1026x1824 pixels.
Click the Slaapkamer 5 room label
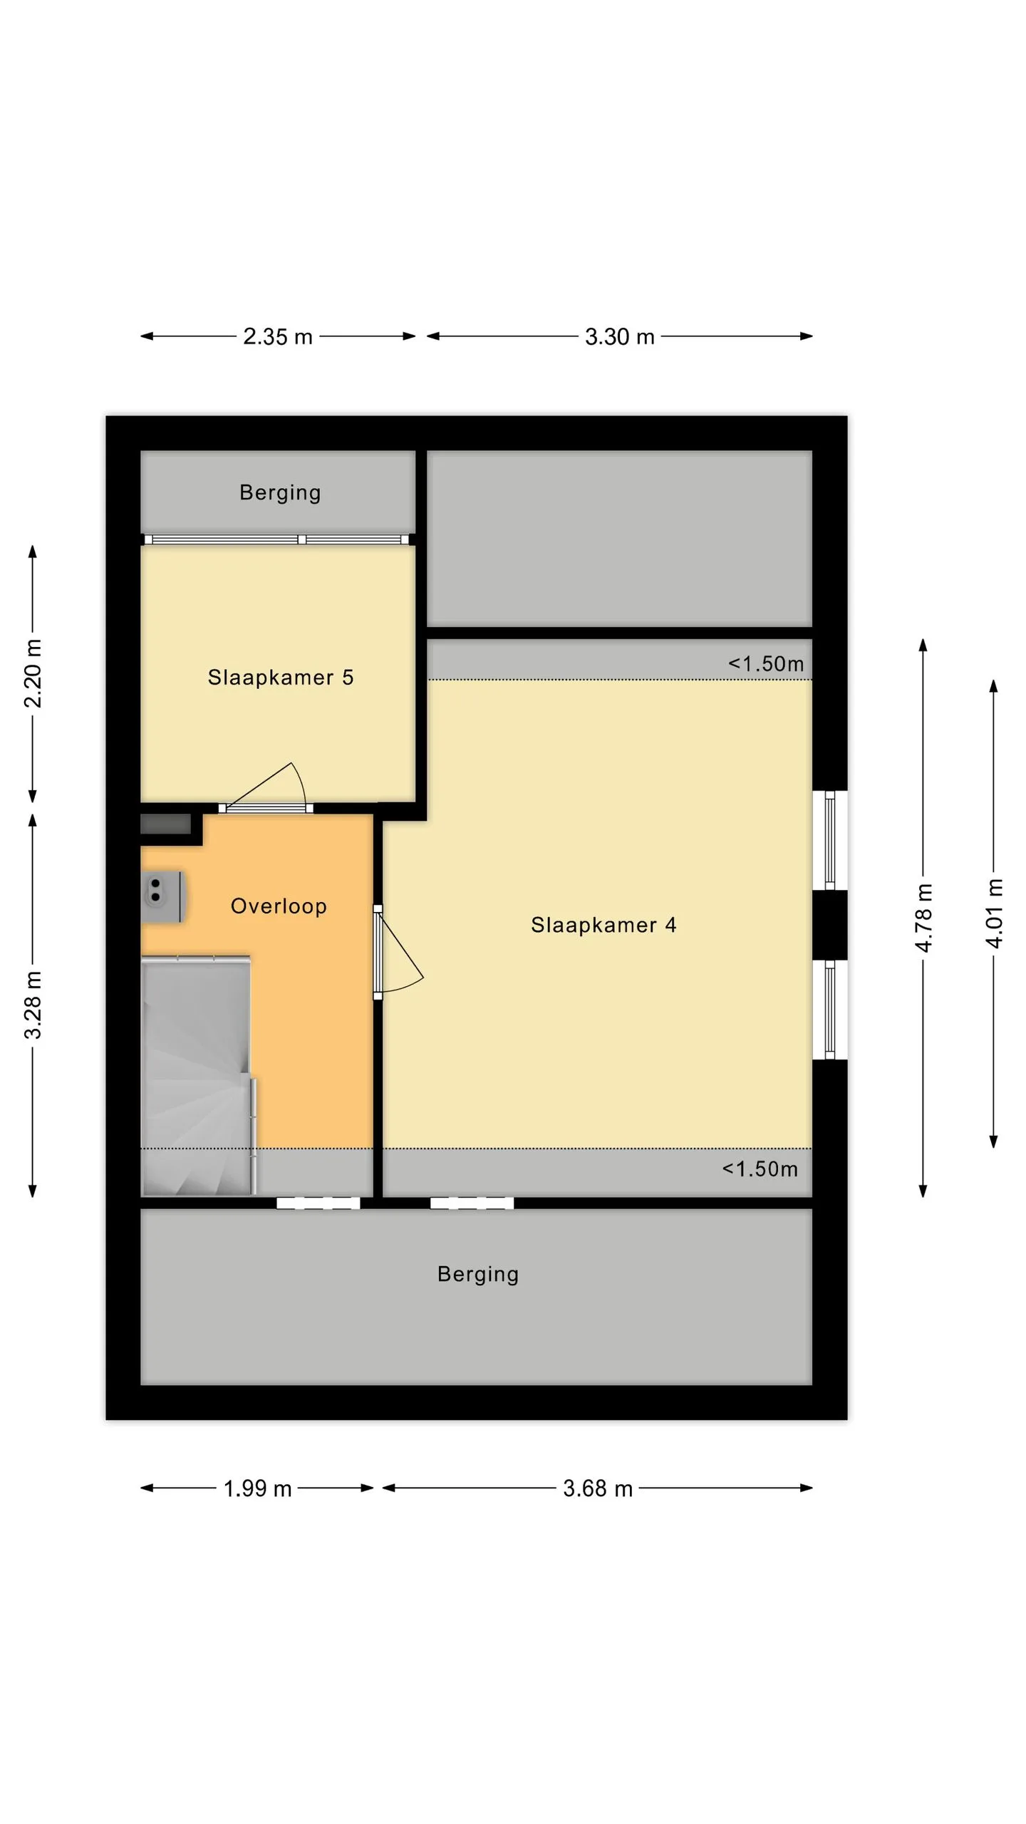point(280,678)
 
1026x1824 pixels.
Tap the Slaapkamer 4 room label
point(603,926)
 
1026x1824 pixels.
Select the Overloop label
point(279,906)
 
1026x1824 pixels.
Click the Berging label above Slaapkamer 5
point(280,493)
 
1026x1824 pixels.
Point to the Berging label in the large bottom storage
point(478,1275)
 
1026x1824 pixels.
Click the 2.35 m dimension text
point(278,336)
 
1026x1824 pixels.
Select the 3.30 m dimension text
point(620,336)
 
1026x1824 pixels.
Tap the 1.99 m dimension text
point(258,1488)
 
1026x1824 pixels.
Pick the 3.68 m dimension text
point(598,1488)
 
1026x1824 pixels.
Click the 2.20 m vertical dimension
point(33,673)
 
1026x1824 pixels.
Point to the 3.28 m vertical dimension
point(33,1005)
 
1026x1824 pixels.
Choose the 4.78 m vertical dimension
point(923,918)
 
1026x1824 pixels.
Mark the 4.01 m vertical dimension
point(994,913)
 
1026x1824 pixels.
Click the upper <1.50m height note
point(766,664)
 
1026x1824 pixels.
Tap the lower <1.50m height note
point(760,1169)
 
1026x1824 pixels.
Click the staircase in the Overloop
point(198,1076)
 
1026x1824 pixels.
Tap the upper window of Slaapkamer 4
point(830,840)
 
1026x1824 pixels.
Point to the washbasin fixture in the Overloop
point(162,897)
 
